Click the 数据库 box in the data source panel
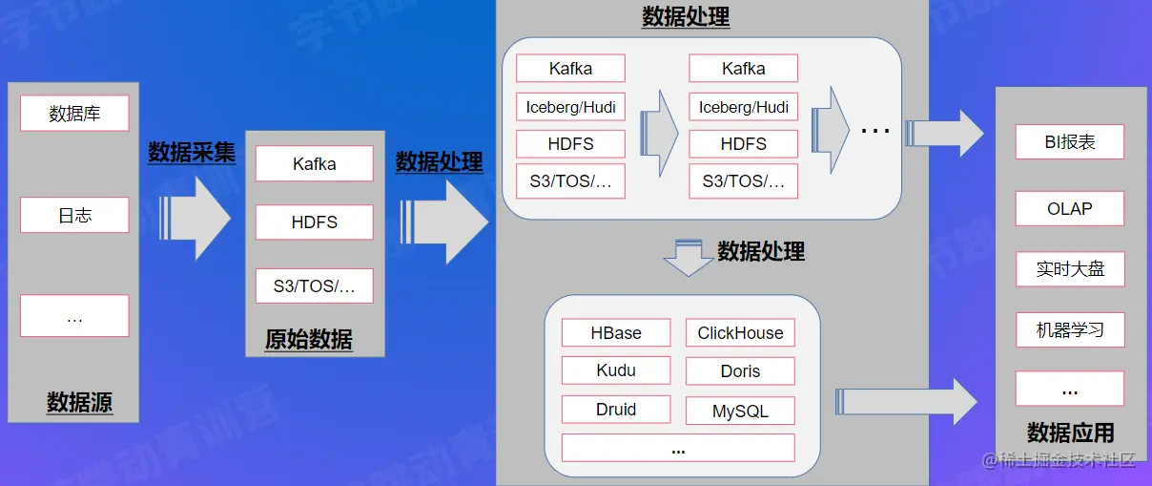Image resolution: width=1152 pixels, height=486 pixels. (74, 114)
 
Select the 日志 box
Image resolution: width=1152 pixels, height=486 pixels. (74, 215)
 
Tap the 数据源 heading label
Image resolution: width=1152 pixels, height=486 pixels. (79, 403)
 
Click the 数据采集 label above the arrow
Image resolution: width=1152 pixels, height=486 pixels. (192, 152)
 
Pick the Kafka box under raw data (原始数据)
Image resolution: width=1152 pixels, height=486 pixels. (314, 163)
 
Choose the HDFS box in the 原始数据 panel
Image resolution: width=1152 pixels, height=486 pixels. (314, 222)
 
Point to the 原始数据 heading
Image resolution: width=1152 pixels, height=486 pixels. (309, 339)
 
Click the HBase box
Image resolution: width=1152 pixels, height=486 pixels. (616, 332)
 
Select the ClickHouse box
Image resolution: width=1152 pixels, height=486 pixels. (740, 332)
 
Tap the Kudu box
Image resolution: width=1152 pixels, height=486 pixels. (616, 370)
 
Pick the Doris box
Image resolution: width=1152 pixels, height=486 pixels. (740, 371)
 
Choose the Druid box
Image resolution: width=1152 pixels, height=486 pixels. (616, 410)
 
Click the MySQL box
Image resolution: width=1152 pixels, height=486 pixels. (740, 412)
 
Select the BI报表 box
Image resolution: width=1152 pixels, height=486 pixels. (1069, 142)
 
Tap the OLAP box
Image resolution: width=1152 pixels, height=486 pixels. (1069, 208)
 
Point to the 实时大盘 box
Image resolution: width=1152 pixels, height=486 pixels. (1069, 269)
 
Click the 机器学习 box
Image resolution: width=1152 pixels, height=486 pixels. (1069, 330)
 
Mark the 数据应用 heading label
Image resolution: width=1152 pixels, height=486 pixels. (1070, 433)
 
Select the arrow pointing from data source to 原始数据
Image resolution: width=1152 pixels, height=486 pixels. (196, 215)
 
